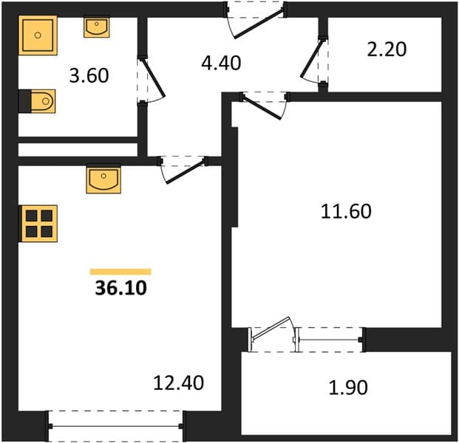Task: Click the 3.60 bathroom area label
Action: point(89,75)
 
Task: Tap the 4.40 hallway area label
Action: point(221,63)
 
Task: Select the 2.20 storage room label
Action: point(387,49)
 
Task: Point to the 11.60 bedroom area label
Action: point(346,211)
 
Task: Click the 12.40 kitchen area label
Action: point(179,382)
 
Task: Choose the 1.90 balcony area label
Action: point(348,388)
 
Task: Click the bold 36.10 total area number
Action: point(121,288)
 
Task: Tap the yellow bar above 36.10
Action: point(120,272)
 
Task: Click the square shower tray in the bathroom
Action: point(38,35)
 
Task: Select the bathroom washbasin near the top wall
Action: point(97,27)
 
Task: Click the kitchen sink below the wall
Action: point(103,180)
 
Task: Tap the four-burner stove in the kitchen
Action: point(38,224)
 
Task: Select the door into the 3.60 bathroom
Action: point(152,79)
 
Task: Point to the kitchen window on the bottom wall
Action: point(115,426)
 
